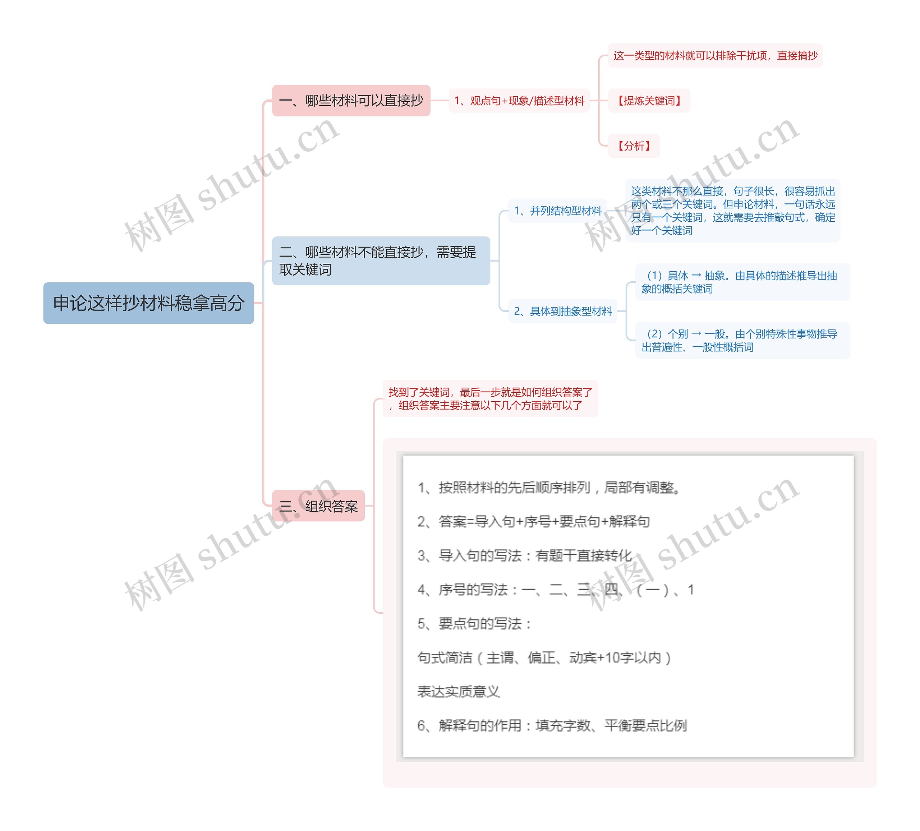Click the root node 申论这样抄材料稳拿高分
[148, 303]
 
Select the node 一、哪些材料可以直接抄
[351, 100]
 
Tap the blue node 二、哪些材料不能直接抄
[381, 260]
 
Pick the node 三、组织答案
[318, 505]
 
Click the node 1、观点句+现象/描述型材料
[519, 100]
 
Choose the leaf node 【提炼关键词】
[648, 100]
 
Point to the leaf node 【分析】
[634, 146]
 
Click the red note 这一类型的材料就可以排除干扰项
[715, 56]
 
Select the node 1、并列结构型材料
[557, 211]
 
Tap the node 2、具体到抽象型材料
[562, 311]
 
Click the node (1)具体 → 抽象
[742, 282]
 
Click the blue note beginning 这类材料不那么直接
[732, 211]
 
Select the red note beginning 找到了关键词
[490, 398]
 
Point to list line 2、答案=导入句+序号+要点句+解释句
[533, 521]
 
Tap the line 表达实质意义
[458, 691]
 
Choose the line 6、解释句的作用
[551, 725]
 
